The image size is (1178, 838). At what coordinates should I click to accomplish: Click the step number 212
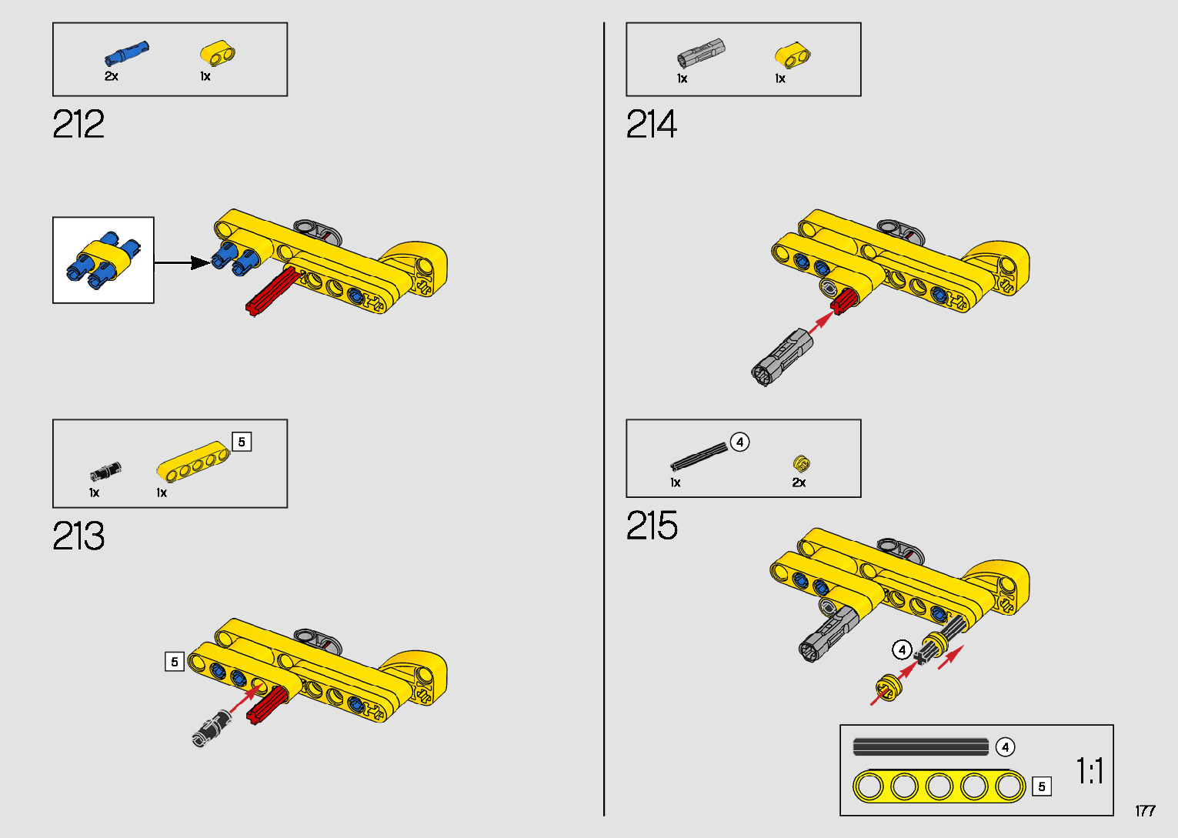coord(78,125)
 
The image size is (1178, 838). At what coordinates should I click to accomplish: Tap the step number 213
coord(78,536)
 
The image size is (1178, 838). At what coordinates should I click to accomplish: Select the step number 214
coord(652,125)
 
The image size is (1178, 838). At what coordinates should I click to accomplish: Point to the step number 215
coord(652,526)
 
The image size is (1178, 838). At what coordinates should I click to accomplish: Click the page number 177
coord(1145,811)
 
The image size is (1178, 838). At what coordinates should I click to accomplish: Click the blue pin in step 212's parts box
coord(126,53)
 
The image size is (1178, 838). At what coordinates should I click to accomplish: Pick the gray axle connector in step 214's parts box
coord(700,53)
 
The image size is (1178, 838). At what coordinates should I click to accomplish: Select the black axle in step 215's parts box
coord(699,456)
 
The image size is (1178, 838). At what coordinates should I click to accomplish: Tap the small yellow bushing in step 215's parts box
coord(801,463)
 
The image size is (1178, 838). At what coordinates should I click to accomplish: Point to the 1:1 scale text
coord(1090,770)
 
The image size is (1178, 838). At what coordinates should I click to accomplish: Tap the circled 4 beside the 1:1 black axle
coord(1005,747)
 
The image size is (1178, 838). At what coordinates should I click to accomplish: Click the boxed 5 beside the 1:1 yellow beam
coord(1042,786)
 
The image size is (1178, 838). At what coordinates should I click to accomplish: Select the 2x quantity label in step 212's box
coord(112,76)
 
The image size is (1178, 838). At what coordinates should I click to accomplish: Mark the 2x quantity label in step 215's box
coord(799,482)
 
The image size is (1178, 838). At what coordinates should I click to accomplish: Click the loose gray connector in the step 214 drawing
coord(782,357)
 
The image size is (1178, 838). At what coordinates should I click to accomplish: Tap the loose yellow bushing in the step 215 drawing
coord(889,686)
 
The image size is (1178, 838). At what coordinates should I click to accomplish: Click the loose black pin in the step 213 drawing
coord(211,728)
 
